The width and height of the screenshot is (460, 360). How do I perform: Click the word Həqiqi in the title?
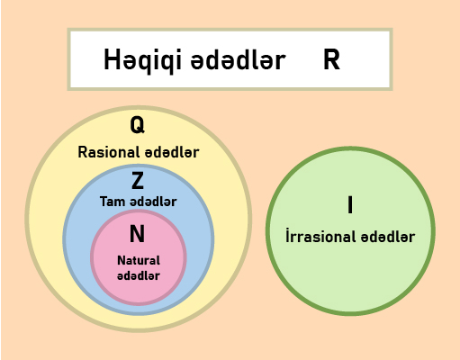click(142, 60)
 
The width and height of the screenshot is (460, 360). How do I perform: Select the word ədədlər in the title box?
click(238, 60)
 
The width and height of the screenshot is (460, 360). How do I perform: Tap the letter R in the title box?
click(331, 59)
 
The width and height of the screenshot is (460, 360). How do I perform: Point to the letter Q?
click(138, 125)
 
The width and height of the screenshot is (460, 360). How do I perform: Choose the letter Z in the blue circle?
click(138, 180)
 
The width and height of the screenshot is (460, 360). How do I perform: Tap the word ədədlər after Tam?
click(153, 202)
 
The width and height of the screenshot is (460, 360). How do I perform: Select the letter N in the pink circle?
click(137, 234)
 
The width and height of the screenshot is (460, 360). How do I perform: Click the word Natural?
click(139, 260)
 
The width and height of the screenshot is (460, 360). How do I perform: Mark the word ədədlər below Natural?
click(139, 275)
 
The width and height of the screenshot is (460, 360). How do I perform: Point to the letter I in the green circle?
click(350, 205)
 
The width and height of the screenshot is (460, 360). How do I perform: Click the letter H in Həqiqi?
click(111, 59)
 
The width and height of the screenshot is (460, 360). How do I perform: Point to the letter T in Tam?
click(104, 202)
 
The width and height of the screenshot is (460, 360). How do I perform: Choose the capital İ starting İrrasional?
click(287, 235)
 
